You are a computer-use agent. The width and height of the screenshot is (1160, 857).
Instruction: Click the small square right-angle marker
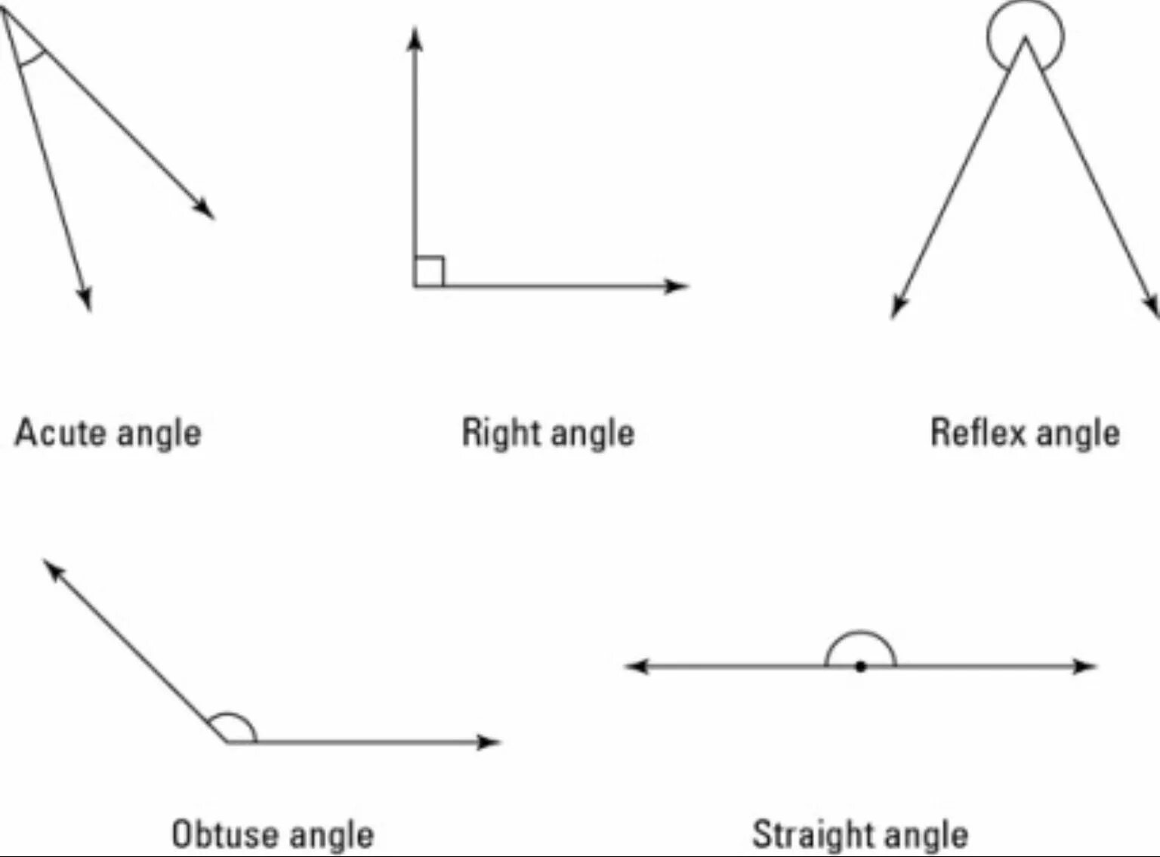(x=429, y=272)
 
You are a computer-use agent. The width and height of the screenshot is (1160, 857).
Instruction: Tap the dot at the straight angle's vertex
(x=860, y=667)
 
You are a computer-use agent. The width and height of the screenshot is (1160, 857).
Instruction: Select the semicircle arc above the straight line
(x=860, y=634)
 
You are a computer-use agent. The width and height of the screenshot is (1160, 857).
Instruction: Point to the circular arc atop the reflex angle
(x=1025, y=15)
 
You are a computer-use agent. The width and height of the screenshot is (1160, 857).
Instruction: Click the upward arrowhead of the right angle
(x=414, y=38)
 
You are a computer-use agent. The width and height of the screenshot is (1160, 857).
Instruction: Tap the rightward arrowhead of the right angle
(x=677, y=286)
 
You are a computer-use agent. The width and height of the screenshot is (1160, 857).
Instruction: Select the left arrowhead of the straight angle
(x=636, y=667)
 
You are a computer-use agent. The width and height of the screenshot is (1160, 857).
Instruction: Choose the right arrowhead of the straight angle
(x=1086, y=667)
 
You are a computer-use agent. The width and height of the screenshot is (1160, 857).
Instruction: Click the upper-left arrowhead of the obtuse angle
(x=52, y=569)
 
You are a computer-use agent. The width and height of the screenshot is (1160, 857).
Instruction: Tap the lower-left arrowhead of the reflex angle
(x=897, y=307)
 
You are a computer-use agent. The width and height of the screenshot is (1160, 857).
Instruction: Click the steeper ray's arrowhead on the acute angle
(x=86, y=300)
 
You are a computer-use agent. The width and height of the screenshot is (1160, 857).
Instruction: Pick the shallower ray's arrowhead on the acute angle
(x=205, y=209)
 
